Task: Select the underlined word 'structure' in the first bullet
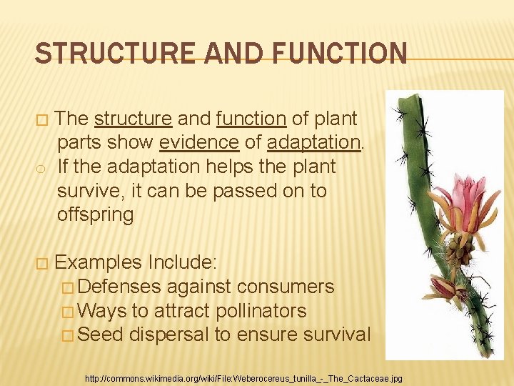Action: point(133,118)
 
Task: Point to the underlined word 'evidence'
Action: point(199,142)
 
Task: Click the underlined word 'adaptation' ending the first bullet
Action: point(313,142)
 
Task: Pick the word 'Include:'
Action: point(177,262)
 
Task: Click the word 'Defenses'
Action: point(119,287)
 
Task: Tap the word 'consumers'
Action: point(285,287)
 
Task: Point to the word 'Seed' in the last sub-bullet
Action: point(101,335)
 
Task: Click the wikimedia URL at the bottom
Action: point(243,377)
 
